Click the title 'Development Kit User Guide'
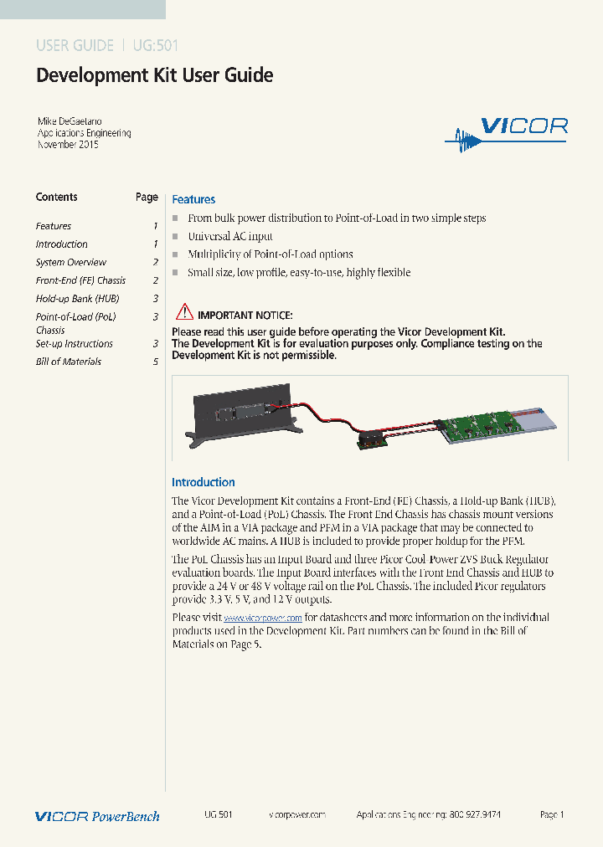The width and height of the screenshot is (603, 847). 155,75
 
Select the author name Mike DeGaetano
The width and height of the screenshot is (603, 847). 70,121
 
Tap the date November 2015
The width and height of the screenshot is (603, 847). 69,145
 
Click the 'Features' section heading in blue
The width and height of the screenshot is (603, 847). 193,199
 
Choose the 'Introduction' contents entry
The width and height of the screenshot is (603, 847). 61,244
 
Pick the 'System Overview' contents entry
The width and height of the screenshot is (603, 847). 71,263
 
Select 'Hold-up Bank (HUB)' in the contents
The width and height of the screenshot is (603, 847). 77,299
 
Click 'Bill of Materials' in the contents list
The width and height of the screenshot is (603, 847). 69,362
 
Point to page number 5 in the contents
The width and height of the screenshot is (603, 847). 156,362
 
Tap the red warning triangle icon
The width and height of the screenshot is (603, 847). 183,314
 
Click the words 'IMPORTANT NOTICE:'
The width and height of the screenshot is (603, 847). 245,315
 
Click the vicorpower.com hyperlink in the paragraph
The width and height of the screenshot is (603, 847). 263,618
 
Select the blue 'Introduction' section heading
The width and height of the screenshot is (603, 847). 204,482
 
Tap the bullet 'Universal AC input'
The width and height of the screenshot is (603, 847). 230,236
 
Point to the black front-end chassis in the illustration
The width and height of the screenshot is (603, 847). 243,410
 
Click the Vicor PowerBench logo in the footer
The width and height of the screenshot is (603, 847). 97,816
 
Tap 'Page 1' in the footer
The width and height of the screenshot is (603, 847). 552,814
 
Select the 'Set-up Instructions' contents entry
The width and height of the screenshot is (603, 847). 74,344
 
